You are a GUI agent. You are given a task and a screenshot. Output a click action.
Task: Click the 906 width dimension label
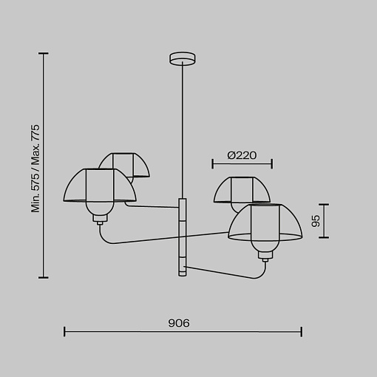[x=179, y=323]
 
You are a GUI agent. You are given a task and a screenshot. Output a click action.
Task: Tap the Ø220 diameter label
[x=242, y=155]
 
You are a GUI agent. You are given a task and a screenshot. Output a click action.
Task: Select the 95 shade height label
[x=316, y=221]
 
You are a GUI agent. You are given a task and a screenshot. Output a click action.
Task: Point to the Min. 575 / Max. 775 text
[x=35, y=169]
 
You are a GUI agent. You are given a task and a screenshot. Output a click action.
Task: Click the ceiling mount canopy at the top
[x=183, y=58]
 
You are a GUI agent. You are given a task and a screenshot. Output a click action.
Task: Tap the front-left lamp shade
[x=100, y=186]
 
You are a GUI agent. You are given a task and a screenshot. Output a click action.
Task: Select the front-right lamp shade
[x=265, y=222]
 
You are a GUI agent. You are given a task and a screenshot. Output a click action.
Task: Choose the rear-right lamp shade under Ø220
[x=242, y=190]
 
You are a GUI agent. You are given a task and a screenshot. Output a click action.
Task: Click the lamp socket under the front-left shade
[x=100, y=218]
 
